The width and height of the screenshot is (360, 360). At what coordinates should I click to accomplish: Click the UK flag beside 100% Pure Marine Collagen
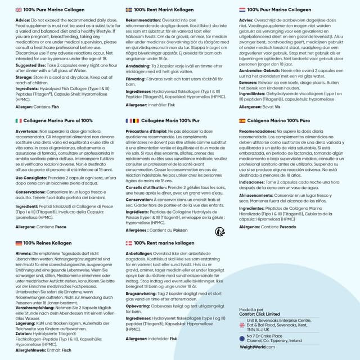(18, 10)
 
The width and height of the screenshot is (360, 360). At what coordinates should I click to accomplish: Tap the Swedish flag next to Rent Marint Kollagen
(129, 10)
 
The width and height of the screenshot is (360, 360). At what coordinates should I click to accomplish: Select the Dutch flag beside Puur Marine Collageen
(242, 10)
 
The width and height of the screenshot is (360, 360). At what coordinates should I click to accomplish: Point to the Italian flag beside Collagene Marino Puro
(18, 121)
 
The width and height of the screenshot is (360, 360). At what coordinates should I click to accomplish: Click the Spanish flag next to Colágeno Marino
(242, 121)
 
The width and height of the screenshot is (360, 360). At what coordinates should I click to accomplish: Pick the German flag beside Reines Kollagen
(18, 243)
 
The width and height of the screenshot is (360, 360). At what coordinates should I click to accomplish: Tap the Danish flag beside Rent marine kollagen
(129, 243)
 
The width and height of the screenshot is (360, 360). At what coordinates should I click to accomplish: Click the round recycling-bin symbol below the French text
(220, 231)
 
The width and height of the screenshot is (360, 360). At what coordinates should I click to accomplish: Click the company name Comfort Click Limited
(259, 314)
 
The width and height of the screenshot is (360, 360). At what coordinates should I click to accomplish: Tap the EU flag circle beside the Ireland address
(242, 337)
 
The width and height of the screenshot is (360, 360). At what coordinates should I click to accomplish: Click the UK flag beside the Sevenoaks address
(242, 325)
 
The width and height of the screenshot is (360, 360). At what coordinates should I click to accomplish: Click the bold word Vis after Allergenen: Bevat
(278, 107)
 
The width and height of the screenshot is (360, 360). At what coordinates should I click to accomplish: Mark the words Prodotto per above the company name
(251, 309)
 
